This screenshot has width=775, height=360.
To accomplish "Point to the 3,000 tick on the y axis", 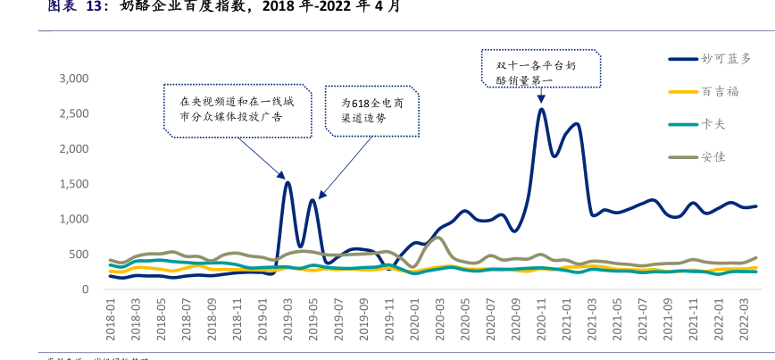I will click(73, 79).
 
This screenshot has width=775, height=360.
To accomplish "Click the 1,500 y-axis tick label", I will click(73, 184).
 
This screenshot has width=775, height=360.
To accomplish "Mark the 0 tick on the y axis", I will click(86, 289).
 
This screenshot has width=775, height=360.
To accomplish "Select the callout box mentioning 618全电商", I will click(372, 110).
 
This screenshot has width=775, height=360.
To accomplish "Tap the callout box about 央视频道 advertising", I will click(237, 109).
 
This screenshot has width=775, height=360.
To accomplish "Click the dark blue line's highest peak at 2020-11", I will click(541, 109).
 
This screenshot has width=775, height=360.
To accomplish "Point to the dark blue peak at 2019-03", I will click(287, 182).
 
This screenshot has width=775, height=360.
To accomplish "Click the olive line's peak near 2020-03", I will click(438, 238).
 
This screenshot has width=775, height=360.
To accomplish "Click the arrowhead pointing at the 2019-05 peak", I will click(321, 194).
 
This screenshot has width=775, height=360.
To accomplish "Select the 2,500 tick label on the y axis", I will click(73, 113).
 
